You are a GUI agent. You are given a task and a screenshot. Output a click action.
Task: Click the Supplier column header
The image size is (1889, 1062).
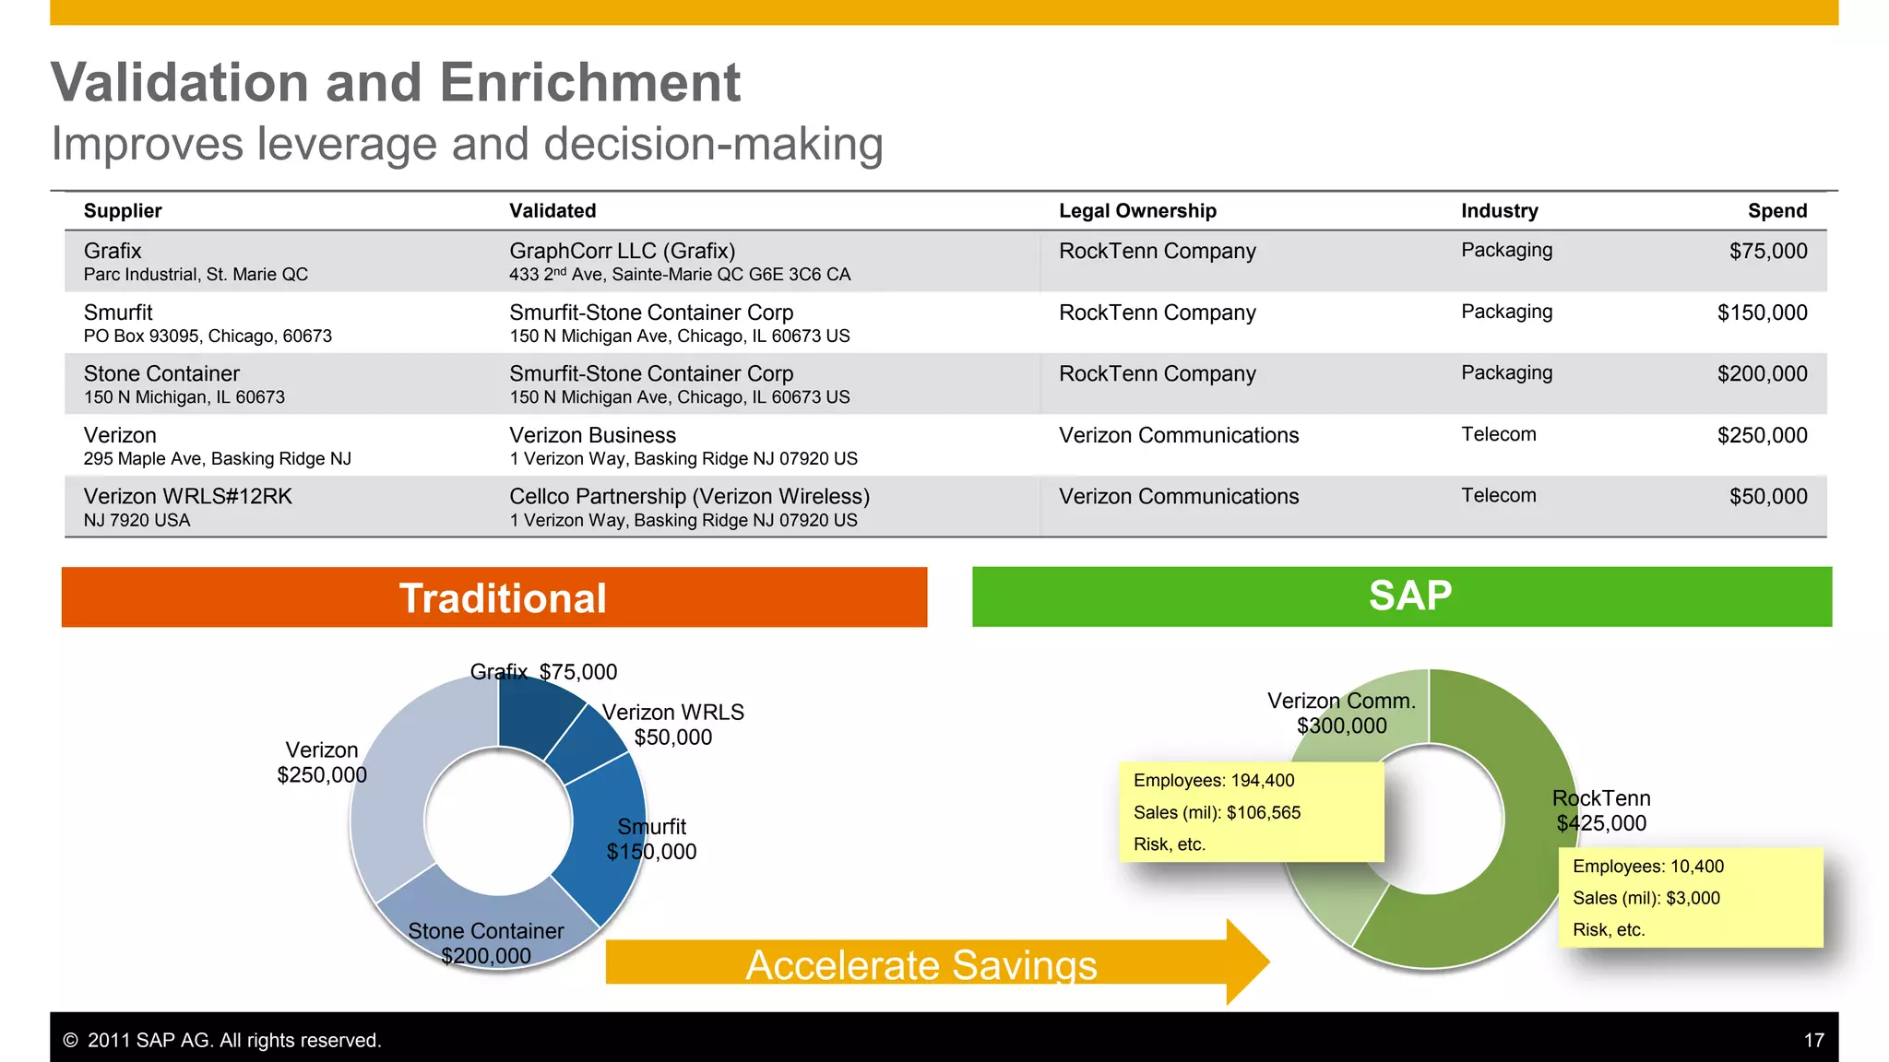(123, 211)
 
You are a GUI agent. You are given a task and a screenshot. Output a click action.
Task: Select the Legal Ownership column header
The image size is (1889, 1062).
(1137, 211)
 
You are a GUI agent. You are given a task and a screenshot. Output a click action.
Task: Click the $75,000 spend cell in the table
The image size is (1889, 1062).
(1767, 252)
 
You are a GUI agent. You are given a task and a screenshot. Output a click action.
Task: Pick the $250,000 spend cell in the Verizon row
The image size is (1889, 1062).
(1762, 435)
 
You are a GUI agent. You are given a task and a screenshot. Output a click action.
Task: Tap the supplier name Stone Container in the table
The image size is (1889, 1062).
(161, 374)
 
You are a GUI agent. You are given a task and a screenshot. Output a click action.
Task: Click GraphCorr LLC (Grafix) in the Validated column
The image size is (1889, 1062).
(623, 252)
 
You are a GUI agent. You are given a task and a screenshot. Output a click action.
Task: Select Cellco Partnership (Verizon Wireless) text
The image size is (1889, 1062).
(689, 497)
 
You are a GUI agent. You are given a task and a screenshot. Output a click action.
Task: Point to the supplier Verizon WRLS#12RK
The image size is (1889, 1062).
(187, 497)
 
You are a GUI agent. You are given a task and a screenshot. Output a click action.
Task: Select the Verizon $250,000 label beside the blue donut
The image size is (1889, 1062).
(322, 762)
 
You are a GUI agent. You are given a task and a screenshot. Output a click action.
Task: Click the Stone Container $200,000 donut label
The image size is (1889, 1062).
(486, 943)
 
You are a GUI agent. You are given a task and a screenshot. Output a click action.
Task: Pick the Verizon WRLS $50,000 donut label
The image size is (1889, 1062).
(672, 725)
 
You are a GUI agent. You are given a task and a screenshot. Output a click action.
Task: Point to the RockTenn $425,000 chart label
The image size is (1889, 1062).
(1601, 811)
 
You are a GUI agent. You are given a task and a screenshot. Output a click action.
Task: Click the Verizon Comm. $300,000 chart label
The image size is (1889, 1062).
(1341, 714)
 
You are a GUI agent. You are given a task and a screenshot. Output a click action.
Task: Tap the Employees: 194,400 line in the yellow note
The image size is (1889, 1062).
(1214, 781)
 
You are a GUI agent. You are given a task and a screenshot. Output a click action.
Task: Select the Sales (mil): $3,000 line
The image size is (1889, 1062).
(1646, 898)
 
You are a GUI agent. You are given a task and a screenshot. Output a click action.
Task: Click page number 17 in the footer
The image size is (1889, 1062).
(1813, 1040)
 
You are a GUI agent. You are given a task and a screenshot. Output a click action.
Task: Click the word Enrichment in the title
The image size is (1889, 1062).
(589, 83)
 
